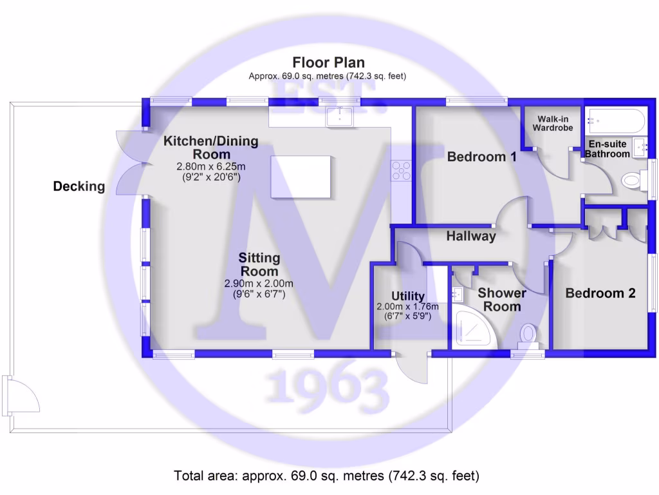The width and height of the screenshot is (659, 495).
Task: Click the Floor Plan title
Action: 328,63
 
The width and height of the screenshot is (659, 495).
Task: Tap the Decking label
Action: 79,187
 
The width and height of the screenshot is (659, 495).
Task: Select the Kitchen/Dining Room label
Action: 210,148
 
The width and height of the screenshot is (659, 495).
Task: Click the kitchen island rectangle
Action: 301,177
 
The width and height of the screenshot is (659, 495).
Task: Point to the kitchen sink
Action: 340,117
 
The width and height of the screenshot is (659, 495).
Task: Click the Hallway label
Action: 471,237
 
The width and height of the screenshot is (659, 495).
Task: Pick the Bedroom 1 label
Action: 482,157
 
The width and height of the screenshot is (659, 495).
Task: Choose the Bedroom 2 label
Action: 600,293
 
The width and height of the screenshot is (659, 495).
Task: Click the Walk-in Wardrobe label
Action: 552,122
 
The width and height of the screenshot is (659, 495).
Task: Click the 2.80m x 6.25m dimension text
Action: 211,166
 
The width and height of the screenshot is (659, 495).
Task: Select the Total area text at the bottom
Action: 327,476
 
